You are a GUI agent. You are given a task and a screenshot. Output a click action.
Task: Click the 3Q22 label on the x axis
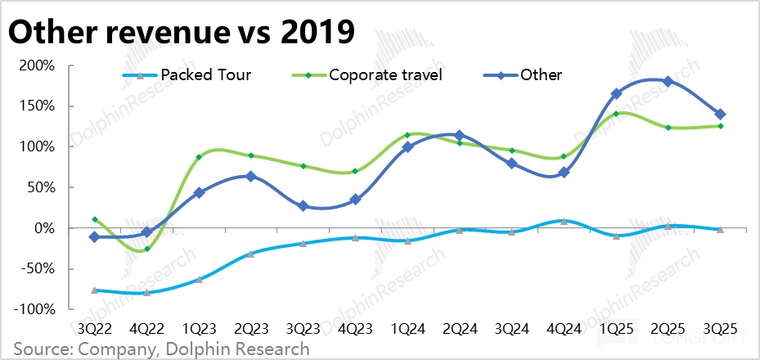pos(95,328)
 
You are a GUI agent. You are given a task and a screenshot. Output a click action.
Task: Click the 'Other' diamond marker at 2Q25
pos(668,81)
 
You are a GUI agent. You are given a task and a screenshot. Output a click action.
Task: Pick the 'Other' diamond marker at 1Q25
pos(616,94)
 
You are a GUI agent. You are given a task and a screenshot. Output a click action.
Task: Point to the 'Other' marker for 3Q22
pos(95,236)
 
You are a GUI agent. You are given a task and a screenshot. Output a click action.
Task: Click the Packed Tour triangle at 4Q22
pos(147,292)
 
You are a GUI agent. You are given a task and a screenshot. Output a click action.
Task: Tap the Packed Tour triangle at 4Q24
pos(564,221)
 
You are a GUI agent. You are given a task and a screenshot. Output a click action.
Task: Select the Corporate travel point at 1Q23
pos(199,157)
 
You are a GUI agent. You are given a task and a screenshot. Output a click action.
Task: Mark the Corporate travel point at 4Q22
pos(147,249)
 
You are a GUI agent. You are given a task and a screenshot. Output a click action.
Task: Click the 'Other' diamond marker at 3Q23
pos(304,206)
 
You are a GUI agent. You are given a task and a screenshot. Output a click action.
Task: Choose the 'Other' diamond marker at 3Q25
pos(720,114)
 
